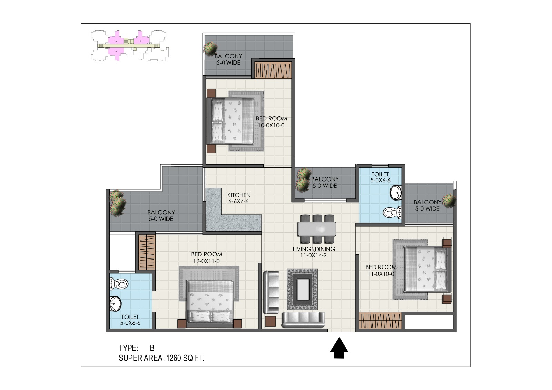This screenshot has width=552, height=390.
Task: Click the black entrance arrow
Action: (x=339, y=348)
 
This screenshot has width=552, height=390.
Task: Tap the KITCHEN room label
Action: (x=239, y=195)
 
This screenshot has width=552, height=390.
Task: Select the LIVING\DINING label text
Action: (x=314, y=249)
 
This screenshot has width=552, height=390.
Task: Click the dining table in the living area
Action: (x=317, y=229)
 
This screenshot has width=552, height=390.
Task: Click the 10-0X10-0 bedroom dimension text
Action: (x=271, y=125)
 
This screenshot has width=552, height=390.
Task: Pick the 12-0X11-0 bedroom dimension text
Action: (x=206, y=261)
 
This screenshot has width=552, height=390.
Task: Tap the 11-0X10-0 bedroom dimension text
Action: (x=381, y=274)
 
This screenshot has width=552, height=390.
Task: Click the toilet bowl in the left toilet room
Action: (x=119, y=284)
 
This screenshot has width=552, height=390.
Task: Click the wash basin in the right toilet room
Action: (x=396, y=193)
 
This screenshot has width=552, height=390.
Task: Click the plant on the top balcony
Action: (x=210, y=48)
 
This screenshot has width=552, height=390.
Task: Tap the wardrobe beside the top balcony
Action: (x=273, y=70)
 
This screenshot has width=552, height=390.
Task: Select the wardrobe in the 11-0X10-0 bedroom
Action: (x=380, y=321)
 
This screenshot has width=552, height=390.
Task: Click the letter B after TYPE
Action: (x=152, y=348)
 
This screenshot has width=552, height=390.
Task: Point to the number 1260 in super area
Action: (x=174, y=358)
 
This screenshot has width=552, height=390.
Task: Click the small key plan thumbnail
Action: (x=130, y=46)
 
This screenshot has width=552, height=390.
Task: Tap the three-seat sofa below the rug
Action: (x=303, y=320)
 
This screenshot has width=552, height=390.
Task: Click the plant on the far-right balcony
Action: (x=449, y=201)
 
